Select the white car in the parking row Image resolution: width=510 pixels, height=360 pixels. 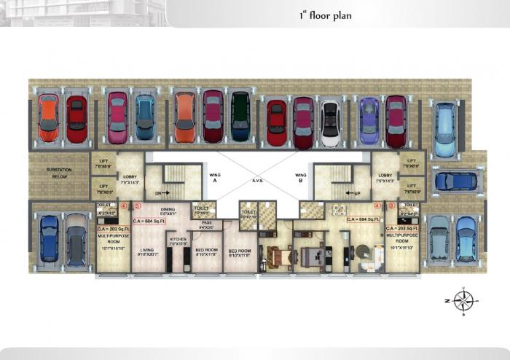tap(331, 123)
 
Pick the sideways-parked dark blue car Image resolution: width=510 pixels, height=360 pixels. tap(455, 181)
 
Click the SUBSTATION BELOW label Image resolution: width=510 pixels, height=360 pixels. tap(58, 173)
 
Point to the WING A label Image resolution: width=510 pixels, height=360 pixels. tap(214, 178)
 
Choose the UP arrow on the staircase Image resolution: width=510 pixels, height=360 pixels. tap(355, 193)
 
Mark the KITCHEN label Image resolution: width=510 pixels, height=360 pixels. tap(178, 240)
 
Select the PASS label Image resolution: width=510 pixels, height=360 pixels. tap(207, 224)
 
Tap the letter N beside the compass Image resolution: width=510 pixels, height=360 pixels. tap(446, 300)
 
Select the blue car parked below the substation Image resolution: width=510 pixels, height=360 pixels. tap(49, 238)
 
